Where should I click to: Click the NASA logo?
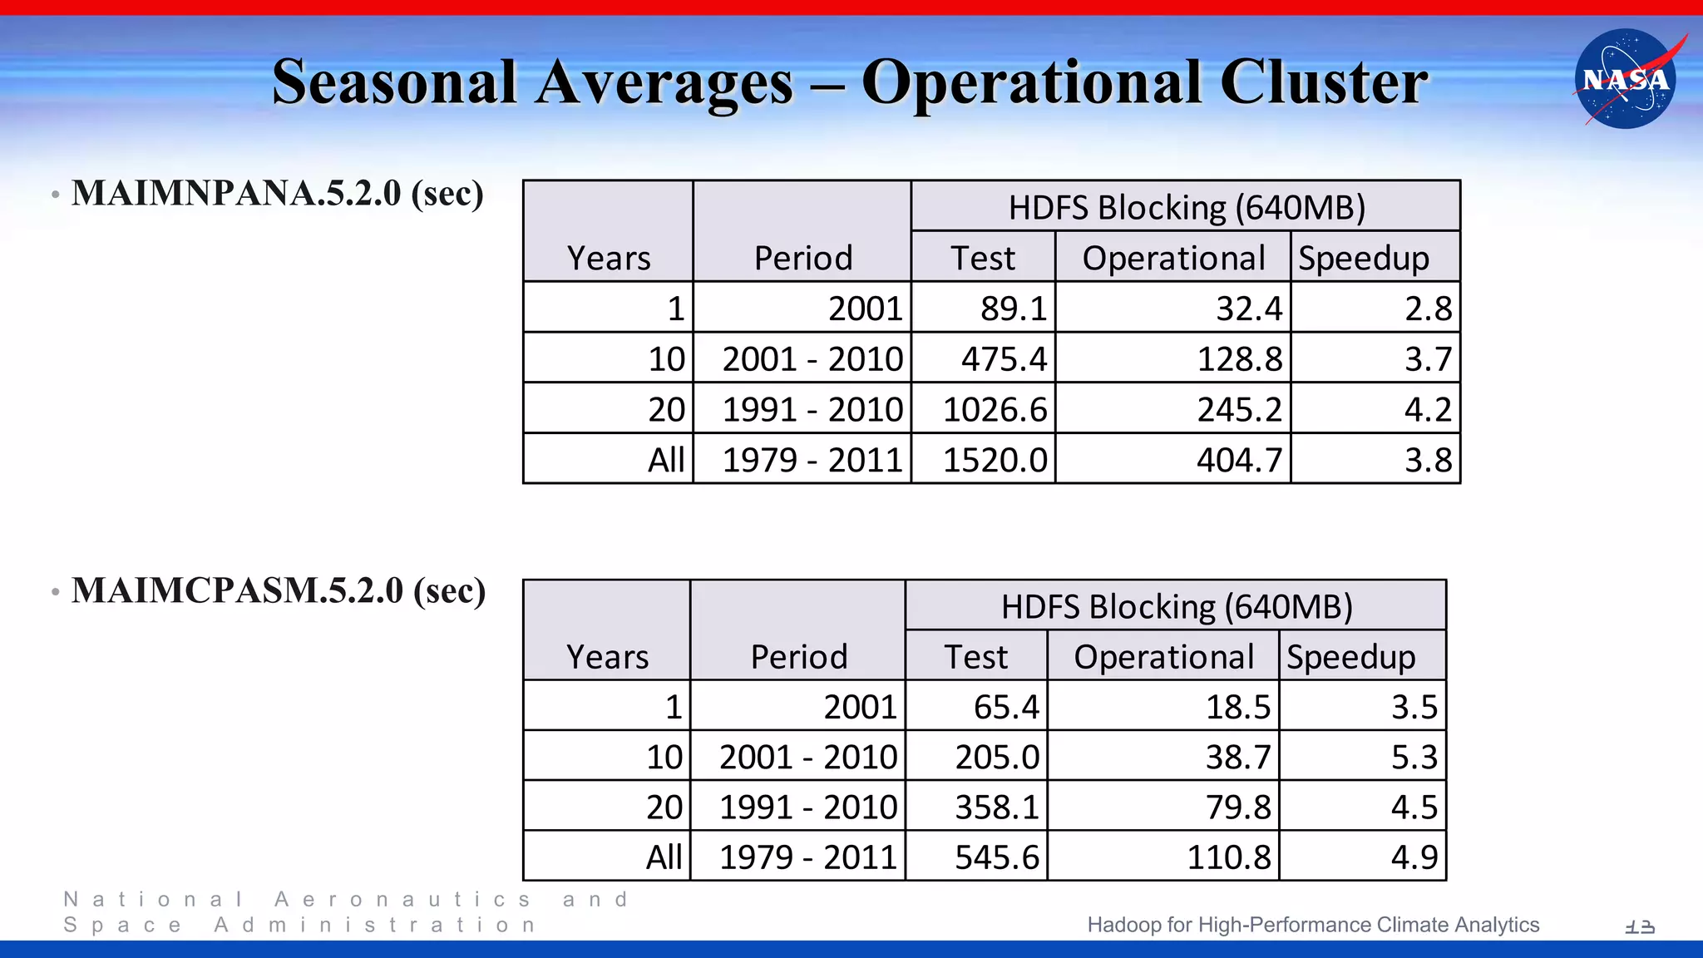pyautogui.click(x=1625, y=79)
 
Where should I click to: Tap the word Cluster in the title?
pyautogui.click(x=1323, y=82)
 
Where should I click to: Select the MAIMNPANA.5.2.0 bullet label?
pyautogui.click(x=277, y=193)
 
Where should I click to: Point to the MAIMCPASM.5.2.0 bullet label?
pyautogui.click(x=279, y=590)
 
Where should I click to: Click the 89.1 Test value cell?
pyautogui.click(x=1013, y=309)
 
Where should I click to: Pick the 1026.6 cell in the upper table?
pyautogui.click(x=995, y=409)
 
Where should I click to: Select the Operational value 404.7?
pyautogui.click(x=1239, y=460)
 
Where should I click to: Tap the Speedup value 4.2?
pyautogui.click(x=1428, y=409)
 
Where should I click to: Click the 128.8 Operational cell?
pyautogui.click(x=1239, y=359)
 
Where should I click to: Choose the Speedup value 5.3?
pyautogui.click(x=1414, y=757)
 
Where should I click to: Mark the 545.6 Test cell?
pyautogui.click(x=996, y=857)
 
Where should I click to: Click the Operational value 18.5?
pyautogui.click(x=1238, y=707)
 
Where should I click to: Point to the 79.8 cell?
pyautogui.click(x=1238, y=807)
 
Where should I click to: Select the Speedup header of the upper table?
pyautogui.click(x=1364, y=258)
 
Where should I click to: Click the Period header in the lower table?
pyautogui.click(x=798, y=657)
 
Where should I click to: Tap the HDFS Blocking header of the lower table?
pyautogui.click(x=1176, y=607)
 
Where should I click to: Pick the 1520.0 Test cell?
pyautogui.click(x=995, y=460)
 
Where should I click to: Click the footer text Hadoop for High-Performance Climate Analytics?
pyautogui.click(x=1313, y=925)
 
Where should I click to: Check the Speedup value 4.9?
pyautogui.click(x=1414, y=857)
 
